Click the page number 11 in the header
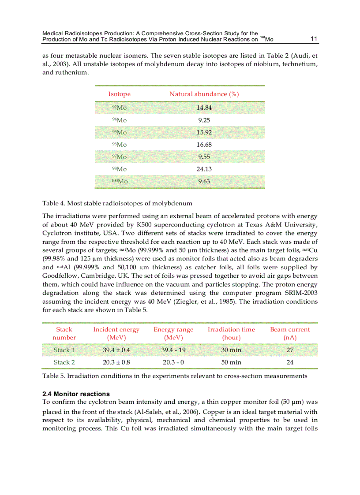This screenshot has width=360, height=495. [x=314, y=39]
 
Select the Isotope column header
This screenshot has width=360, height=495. [x=120, y=94]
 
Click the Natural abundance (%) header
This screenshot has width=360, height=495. [x=204, y=94]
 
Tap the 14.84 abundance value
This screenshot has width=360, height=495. [x=204, y=108]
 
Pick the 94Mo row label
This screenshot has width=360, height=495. [x=119, y=120]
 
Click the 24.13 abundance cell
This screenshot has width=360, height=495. [x=204, y=169]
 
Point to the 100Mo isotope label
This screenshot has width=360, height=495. [x=119, y=181]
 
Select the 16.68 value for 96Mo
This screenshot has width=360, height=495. [x=204, y=145]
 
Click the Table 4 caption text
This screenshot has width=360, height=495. [x=117, y=203]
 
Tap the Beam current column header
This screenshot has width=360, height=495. [x=290, y=333]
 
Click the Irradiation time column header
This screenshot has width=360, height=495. [x=231, y=333]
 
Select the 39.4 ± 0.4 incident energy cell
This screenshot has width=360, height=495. [x=116, y=350]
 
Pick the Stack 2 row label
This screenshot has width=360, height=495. [x=64, y=362]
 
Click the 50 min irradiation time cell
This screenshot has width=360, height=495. [x=231, y=362]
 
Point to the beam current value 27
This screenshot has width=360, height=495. [x=290, y=350]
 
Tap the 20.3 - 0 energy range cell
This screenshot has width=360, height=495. [x=173, y=362]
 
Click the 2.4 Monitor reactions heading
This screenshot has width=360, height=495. [x=76, y=394]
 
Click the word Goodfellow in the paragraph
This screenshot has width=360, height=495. [x=60, y=275]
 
